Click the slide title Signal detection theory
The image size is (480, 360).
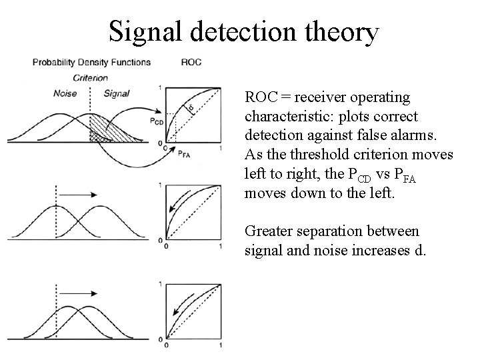(x=243, y=31)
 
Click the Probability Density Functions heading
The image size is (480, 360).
(x=91, y=63)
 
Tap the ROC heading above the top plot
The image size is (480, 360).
(x=191, y=63)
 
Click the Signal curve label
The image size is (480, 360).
(x=117, y=93)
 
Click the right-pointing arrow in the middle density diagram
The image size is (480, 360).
(x=77, y=194)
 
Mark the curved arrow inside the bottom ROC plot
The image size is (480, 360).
(x=179, y=309)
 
